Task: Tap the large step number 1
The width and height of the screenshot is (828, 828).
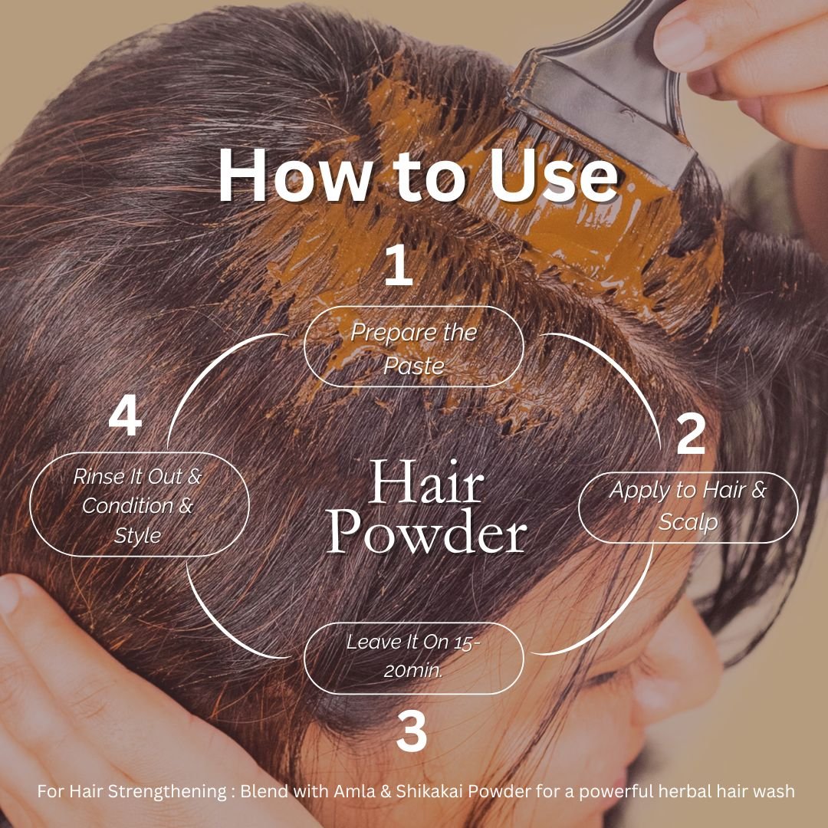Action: (398, 267)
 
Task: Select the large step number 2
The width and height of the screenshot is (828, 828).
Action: (690, 434)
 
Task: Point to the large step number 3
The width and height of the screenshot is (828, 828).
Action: (412, 731)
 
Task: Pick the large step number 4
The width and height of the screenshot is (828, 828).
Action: (125, 419)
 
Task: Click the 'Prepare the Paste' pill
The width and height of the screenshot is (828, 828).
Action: (414, 347)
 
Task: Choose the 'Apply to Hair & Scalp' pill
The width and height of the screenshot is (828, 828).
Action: (688, 506)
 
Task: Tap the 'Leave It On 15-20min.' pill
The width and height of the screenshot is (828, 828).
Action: (414, 656)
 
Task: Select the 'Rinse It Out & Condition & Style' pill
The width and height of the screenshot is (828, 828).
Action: (139, 505)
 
